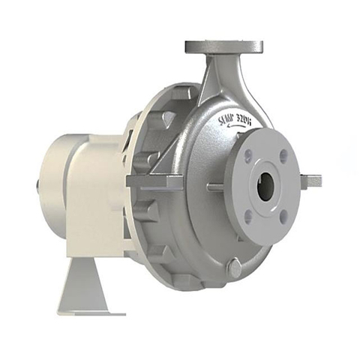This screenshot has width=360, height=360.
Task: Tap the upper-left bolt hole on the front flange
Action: tap(248, 155)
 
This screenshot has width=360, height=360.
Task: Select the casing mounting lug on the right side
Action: tap(310, 181)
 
